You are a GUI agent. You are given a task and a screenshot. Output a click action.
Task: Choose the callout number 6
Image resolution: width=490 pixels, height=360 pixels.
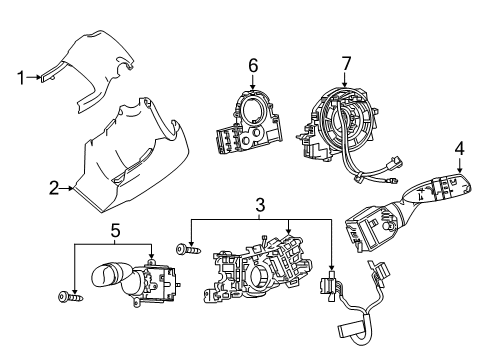pos(253,66)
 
